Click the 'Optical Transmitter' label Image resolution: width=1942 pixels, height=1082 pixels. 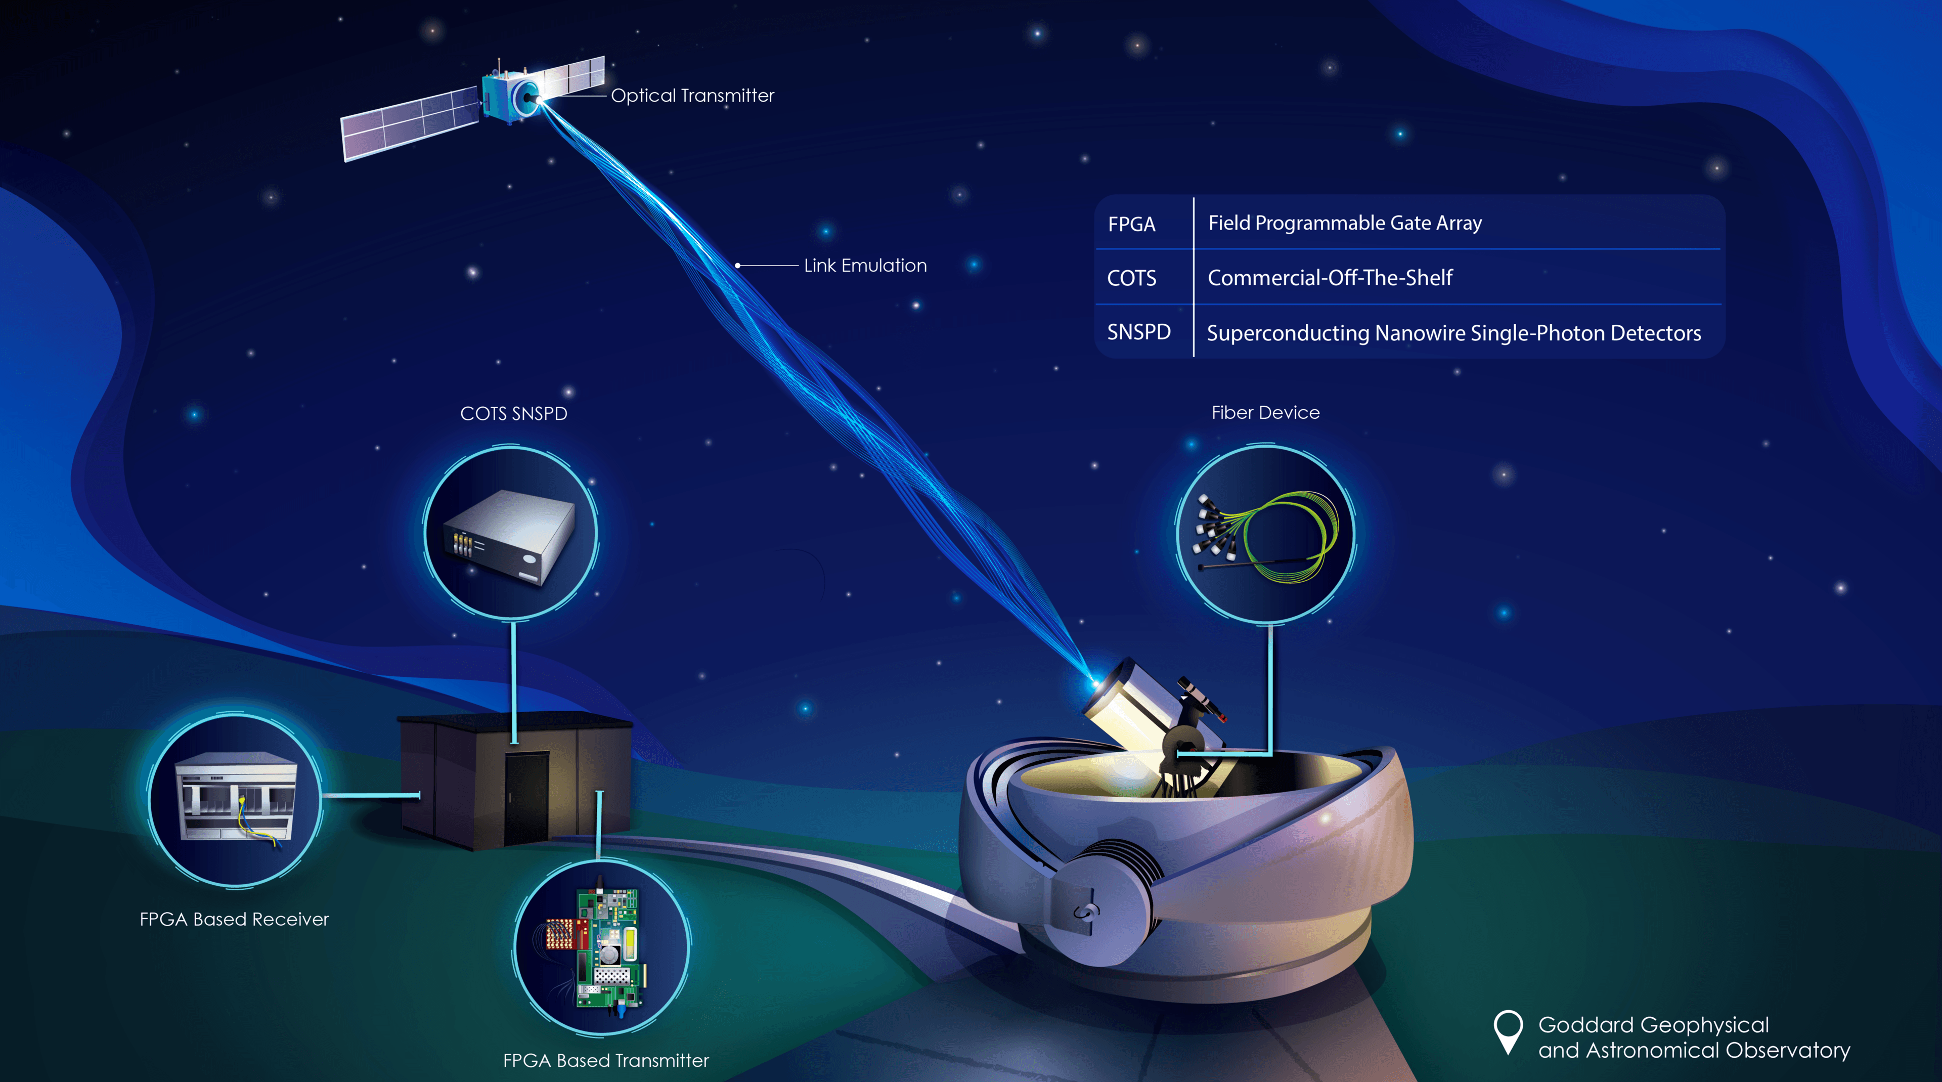692,96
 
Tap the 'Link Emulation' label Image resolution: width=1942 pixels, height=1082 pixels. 865,266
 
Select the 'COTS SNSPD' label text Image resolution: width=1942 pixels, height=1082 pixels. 513,413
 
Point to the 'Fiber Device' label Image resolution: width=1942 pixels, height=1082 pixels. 1265,412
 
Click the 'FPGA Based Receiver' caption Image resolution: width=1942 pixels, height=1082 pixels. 235,919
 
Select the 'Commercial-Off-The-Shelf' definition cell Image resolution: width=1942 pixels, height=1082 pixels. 1330,278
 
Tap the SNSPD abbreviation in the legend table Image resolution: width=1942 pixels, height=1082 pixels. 1138,332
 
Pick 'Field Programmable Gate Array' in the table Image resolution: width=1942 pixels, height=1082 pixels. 1345,223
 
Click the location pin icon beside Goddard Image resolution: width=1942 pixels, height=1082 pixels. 1508,1031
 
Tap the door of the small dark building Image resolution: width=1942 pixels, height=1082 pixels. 526,798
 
